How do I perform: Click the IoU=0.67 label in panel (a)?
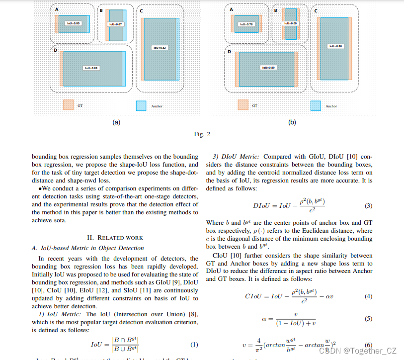115,24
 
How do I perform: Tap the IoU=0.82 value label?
160,47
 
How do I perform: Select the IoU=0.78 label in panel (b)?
247,24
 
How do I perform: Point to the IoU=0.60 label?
291,23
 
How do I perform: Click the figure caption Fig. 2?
202,134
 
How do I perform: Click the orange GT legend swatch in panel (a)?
68,105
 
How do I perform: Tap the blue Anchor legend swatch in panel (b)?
315,105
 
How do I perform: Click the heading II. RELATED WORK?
115,238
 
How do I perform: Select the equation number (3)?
368,206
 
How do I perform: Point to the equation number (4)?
368,296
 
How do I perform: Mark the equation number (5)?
368,319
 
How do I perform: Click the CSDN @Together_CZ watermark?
358,351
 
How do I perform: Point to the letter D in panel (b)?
230,51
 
